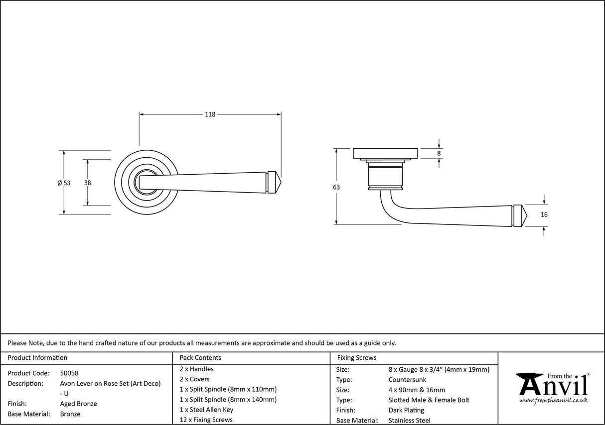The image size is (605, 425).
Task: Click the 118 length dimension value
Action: coord(210,114)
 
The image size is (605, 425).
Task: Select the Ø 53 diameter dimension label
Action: coord(64,183)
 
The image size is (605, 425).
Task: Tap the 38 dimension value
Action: coord(88,183)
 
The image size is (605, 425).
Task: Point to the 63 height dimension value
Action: coord(336,187)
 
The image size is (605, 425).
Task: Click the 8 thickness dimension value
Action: coord(439,153)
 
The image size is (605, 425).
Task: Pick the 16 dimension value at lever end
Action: coord(544,215)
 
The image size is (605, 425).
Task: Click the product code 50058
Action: coord(69,373)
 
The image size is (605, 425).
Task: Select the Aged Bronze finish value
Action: coord(78,404)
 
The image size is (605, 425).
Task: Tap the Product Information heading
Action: coord(37,357)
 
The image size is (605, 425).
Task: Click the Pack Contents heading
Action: coord(200,357)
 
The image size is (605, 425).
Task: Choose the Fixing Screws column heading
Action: coord(357,357)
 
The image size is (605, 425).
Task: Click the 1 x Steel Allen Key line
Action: coord(206,410)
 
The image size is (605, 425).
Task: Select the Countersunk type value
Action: coord(407,380)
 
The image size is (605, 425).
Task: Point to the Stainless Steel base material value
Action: coord(410,421)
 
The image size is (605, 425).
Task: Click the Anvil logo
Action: coord(552,385)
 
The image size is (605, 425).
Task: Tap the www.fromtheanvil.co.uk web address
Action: coord(553,400)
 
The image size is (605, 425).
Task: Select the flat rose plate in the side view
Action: coord(385,153)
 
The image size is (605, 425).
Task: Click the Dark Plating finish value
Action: coord(406,410)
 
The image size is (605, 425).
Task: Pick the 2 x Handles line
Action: coord(196,369)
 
